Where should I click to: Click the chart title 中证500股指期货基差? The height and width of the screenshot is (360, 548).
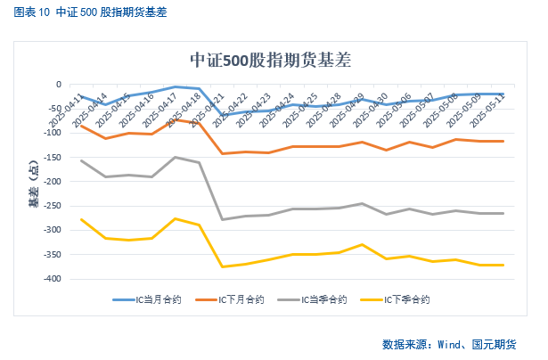pyautogui.click(x=271, y=61)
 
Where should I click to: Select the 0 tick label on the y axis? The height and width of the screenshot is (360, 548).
pyautogui.click(x=58, y=85)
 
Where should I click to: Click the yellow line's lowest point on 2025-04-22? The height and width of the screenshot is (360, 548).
pyautogui.click(x=222, y=266)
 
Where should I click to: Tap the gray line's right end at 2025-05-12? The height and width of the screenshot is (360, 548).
pyautogui.click(x=503, y=213)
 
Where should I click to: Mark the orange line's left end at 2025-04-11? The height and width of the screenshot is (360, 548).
pyautogui.click(x=81, y=126)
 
